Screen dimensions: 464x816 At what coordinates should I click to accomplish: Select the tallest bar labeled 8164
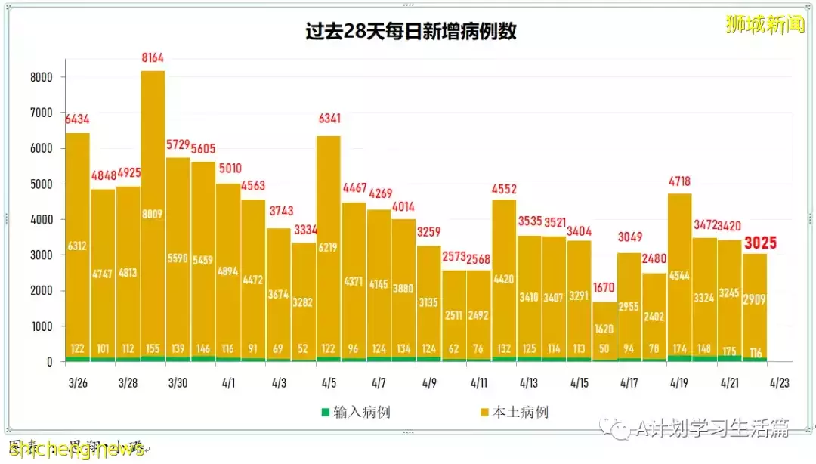[x=153, y=212]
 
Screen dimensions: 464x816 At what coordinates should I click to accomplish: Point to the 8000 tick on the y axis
[x=42, y=77]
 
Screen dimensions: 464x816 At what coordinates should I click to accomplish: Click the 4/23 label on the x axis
[x=780, y=383]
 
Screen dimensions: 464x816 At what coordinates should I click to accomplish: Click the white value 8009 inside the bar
[x=153, y=213]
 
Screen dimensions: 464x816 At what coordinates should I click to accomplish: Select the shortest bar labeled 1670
[x=604, y=333]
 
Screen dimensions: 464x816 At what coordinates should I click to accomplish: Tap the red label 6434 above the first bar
[x=78, y=119]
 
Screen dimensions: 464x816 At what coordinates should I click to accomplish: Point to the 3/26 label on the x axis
[x=78, y=383]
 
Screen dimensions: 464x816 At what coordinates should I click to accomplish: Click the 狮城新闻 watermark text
[x=765, y=24]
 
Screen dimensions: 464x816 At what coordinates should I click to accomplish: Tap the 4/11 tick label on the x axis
[x=479, y=383]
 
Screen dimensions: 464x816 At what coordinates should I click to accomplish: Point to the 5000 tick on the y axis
[x=42, y=184]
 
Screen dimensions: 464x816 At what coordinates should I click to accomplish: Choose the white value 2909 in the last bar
[x=755, y=299]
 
